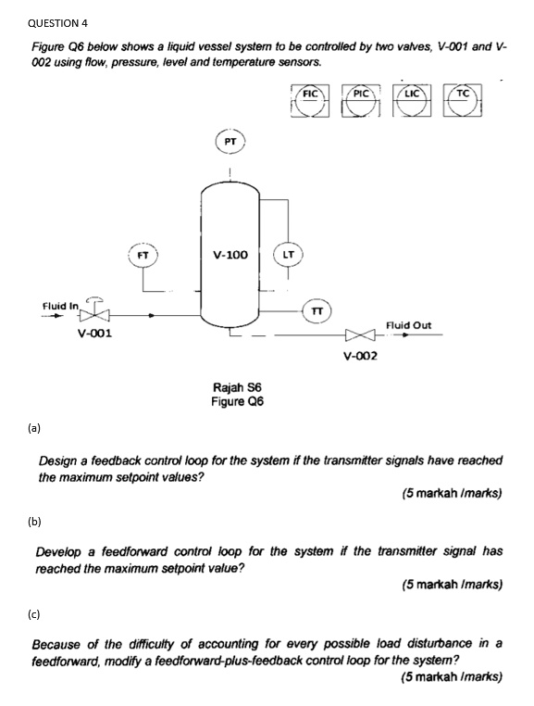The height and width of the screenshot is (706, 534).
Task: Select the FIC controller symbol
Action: [311, 103]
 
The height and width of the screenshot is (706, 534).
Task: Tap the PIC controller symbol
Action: [362, 103]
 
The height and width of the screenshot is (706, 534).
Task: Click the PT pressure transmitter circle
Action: [230, 142]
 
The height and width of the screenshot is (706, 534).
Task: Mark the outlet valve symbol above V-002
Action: [358, 336]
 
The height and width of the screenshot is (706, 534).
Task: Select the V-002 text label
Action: [359, 355]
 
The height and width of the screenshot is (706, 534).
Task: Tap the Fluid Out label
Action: [407, 324]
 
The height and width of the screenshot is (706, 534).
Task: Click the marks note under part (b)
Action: [452, 584]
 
